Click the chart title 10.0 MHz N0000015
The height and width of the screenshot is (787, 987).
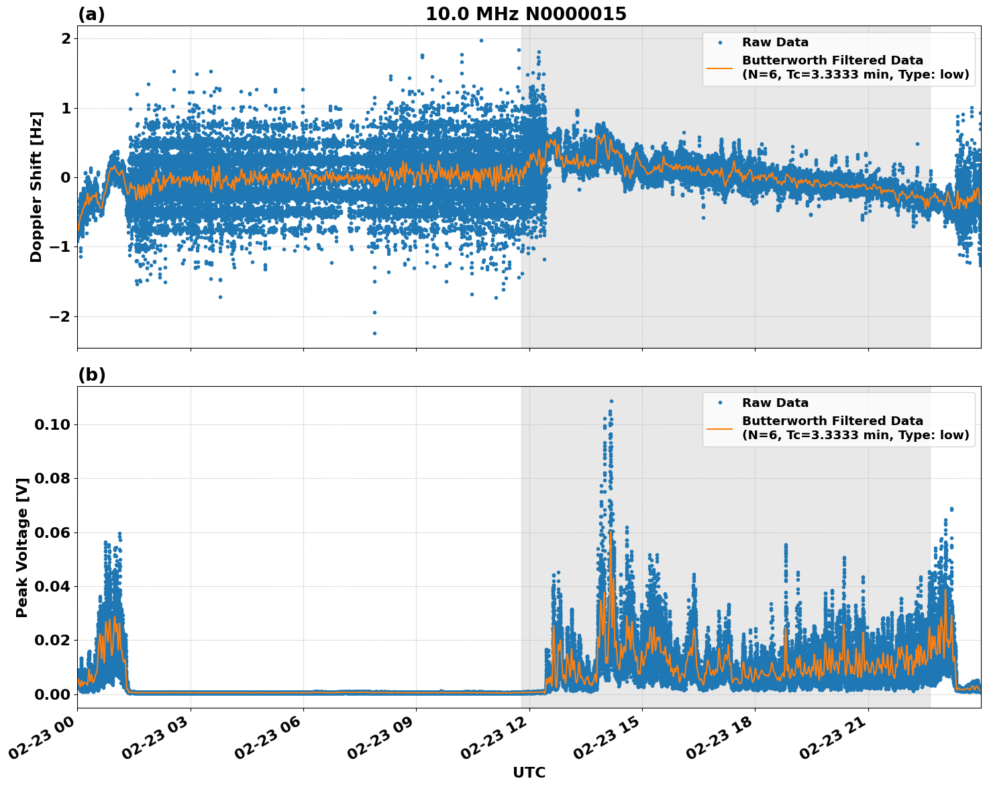pyautogui.click(x=526, y=14)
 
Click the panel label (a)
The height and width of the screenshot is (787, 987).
pyautogui.click(x=91, y=14)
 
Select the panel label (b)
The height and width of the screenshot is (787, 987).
pyautogui.click(x=91, y=375)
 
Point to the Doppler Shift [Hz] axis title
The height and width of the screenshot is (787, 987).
pyautogui.click(x=36, y=187)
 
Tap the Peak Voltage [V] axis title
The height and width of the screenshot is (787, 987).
pyautogui.click(x=23, y=547)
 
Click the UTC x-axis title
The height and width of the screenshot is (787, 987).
pyautogui.click(x=529, y=772)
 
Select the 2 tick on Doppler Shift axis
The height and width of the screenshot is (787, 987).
pyautogui.click(x=66, y=38)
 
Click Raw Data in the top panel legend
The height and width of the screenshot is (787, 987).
pyautogui.click(x=775, y=42)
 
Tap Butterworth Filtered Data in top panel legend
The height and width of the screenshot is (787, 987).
pyautogui.click(x=832, y=60)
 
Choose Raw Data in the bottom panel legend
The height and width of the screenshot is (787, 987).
pyautogui.click(x=775, y=403)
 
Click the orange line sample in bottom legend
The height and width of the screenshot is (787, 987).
pyautogui.click(x=720, y=428)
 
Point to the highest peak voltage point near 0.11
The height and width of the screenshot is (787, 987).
pyautogui.click(x=611, y=401)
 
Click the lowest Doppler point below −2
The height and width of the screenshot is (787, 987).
pyautogui.click(x=374, y=333)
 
